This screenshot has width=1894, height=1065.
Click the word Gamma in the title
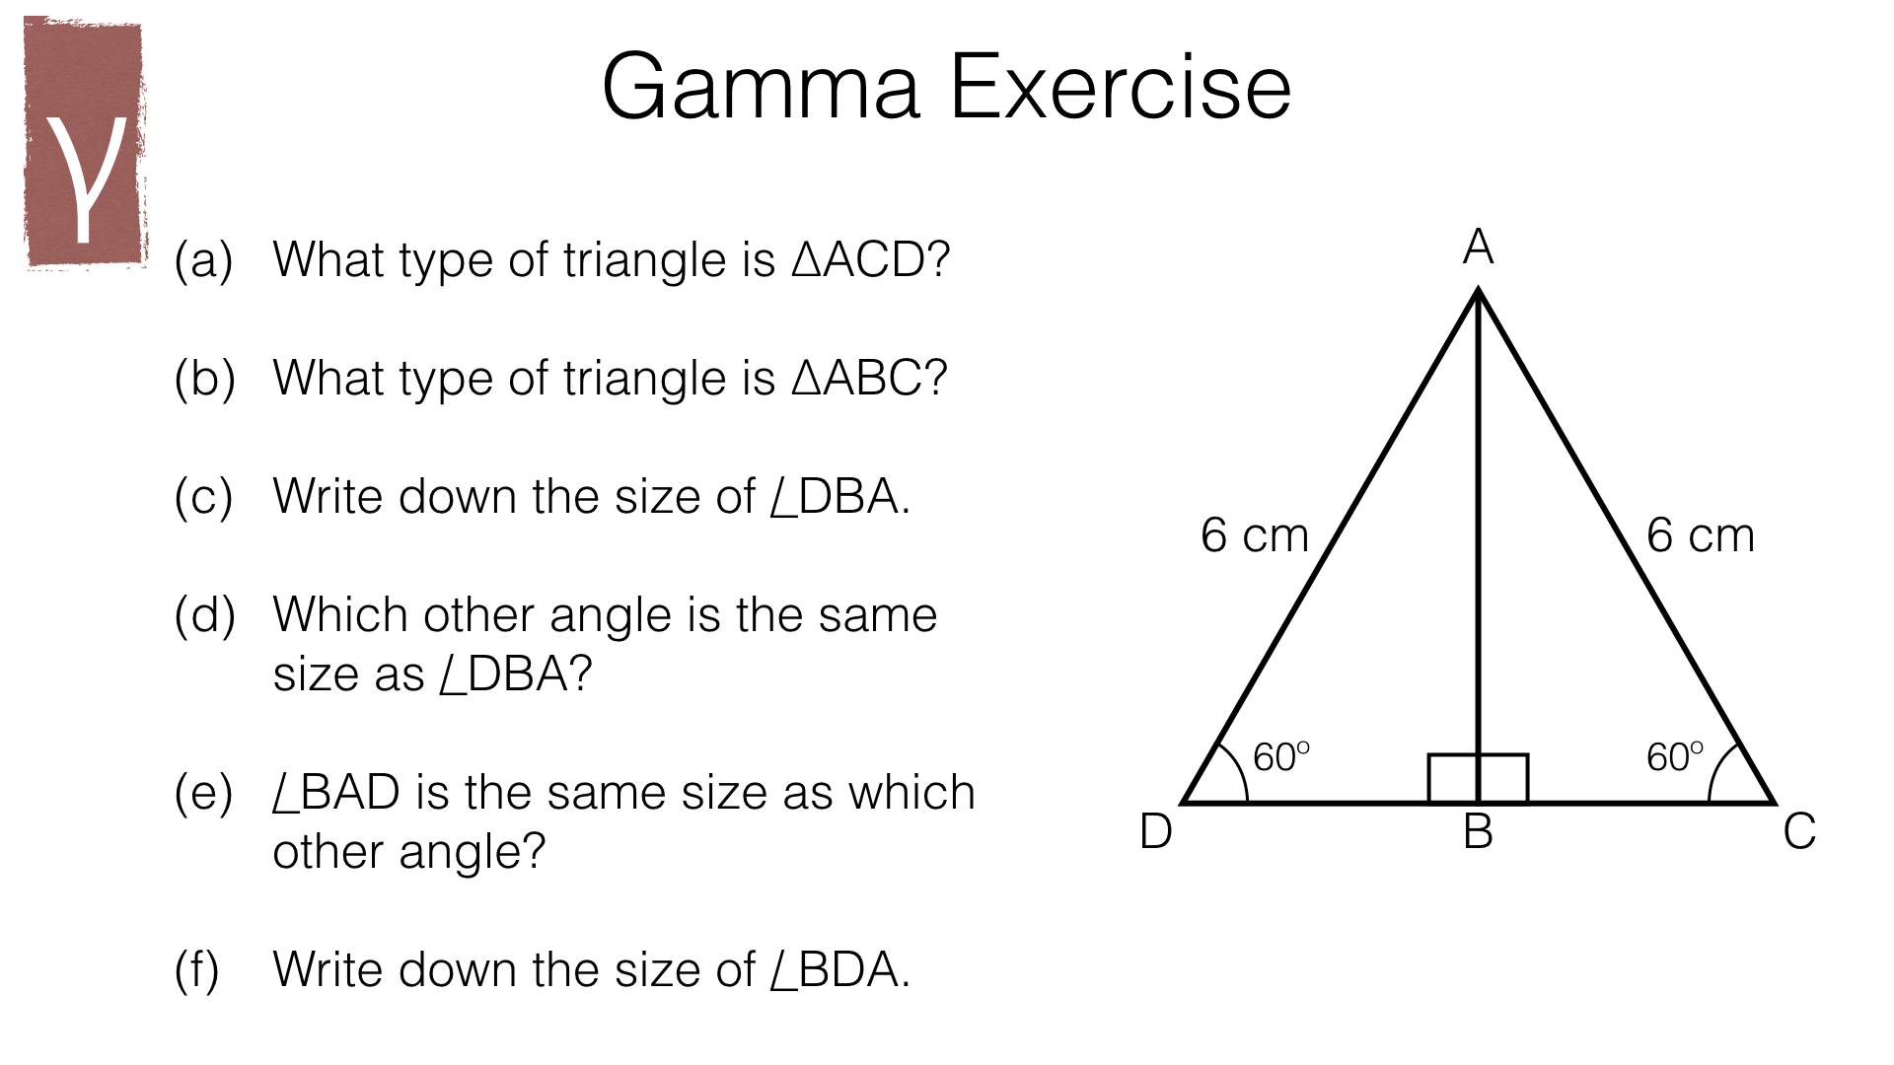pos(760,89)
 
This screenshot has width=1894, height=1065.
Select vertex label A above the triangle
pos(1478,247)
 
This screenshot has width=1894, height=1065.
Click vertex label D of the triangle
pos(1155,831)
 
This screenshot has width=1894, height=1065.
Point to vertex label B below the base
pos(1478,831)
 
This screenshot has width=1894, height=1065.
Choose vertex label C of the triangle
pos(1799,831)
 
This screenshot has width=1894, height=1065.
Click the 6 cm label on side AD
pos(1254,535)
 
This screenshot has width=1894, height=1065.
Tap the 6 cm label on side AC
pos(1701,535)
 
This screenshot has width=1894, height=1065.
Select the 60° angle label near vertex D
pos(1280,757)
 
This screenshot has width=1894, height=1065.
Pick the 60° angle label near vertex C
pos(1674,757)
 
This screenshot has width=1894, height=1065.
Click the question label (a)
pos(203,260)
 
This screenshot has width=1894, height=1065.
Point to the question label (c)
pos(203,497)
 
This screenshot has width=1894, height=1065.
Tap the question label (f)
pos(196,970)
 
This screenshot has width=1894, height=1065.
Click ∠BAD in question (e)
pos(336,793)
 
